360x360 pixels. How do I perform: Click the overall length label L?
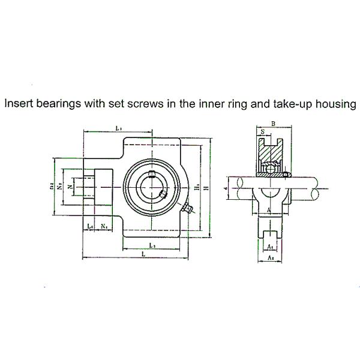(x=142, y=255)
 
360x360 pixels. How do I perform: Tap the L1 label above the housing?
(x=118, y=128)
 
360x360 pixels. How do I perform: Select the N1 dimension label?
(x=104, y=226)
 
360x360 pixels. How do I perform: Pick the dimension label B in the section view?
(x=274, y=124)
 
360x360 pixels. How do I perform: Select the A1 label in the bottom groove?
(x=270, y=245)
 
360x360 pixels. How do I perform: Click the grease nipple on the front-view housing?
(x=185, y=210)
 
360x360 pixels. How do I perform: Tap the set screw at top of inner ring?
(x=152, y=175)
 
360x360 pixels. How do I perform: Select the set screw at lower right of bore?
(x=163, y=194)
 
